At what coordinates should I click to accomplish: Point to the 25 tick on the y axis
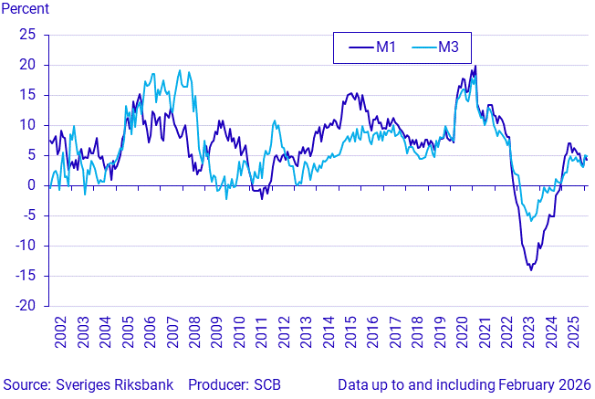[x=27, y=35]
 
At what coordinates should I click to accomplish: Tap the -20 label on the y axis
[x=25, y=306]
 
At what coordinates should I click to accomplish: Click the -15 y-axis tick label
[x=25, y=276]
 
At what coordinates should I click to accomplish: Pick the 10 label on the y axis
[x=27, y=125]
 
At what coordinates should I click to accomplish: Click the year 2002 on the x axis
[x=61, y=332]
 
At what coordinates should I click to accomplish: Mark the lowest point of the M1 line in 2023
[x=530, y=269]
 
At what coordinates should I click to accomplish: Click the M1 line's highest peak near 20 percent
[x=475, y=66]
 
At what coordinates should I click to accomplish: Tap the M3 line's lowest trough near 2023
[x=531, y=220]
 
